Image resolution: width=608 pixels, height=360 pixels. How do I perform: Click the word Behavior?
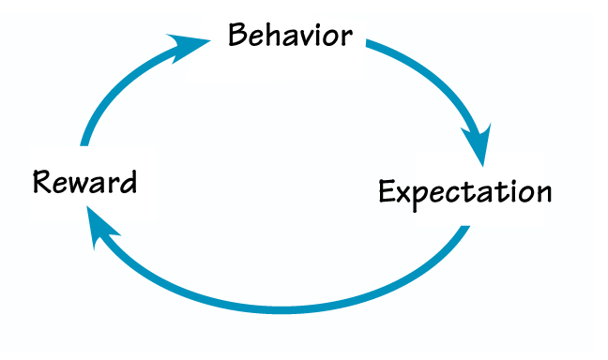point(291,37)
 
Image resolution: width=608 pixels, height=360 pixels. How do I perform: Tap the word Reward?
point(84,181)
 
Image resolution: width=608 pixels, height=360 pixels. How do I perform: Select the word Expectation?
point(464,191)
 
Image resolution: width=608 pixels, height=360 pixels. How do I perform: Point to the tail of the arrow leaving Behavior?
point(369,42)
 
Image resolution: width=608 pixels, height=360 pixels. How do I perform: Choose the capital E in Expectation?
point(388,191)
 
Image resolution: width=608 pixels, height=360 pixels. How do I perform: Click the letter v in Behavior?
point(306,38)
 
